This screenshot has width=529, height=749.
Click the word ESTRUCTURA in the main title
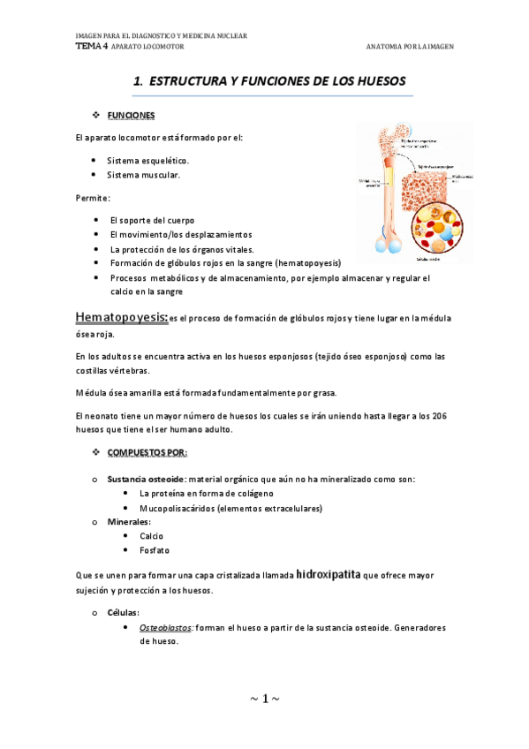(x=189, y=81)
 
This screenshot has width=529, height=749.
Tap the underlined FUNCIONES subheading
(x=131, y=116)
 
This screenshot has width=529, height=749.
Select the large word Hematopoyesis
(x=121, y=317)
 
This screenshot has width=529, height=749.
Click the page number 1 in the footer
(x=264, y=700)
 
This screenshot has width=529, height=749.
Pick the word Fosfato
(x=154, y=550)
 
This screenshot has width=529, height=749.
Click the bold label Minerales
(x=129, y=522)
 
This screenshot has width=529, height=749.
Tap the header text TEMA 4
(x=91, y=46)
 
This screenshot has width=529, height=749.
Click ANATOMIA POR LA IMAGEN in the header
(x=409, y=47)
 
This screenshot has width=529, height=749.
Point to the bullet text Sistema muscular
(x=143, y=175)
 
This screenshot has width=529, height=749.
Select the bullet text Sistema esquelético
(x=147, y=161)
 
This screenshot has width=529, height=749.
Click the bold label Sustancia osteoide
(x=146, y=479)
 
